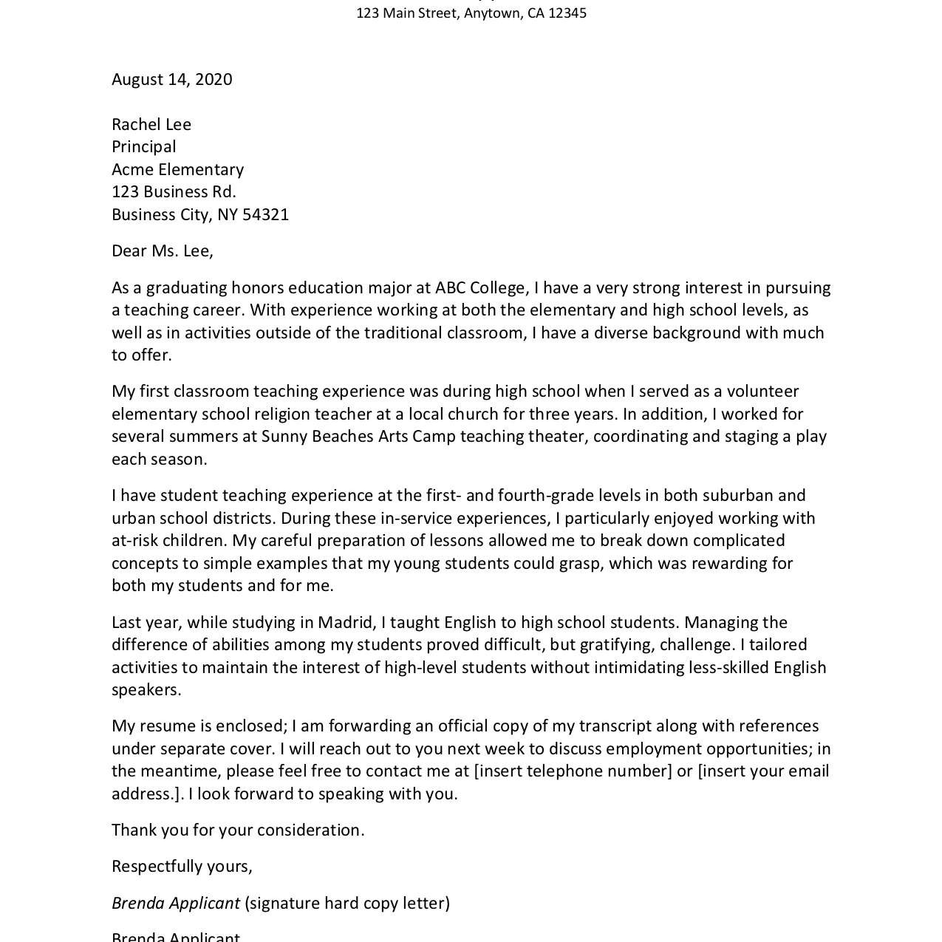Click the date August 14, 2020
tap(171, 80)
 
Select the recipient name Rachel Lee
tap(151, 125)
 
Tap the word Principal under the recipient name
tap(144, 147)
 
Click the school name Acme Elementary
tap(177, 170)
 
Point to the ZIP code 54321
tap(265, 215)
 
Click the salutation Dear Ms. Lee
tap(162, 251)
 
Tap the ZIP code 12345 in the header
tap(567, 13)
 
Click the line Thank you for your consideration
tap(238, 830)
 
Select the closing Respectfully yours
tap(182, 867)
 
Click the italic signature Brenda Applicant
tap(175, 904)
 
